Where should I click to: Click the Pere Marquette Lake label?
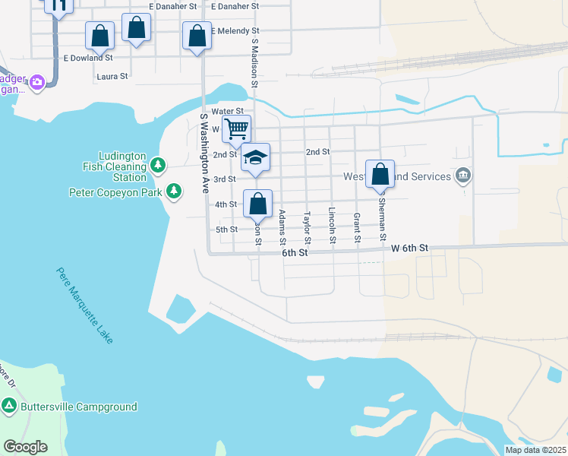(85, 306)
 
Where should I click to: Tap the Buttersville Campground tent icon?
(9, 407)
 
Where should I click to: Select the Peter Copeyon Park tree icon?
(175, 192)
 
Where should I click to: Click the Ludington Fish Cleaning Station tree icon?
(158, 165)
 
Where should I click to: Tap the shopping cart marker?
(237, 130)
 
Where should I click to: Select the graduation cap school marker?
(256, 158)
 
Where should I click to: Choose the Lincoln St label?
(332, 226)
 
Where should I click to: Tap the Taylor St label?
(307, 227)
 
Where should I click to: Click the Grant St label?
(356, 228)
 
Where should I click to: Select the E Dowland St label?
(88, 57)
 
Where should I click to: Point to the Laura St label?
(112, 77)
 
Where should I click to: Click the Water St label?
(227, 112)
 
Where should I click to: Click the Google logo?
(26, 447)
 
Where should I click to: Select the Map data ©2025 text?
(535, 450)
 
